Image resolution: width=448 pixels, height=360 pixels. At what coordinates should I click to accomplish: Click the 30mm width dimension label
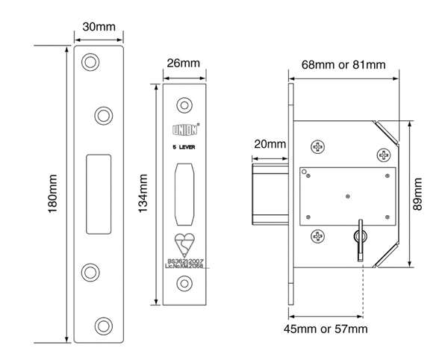pyautogui.click(x=99, y=27)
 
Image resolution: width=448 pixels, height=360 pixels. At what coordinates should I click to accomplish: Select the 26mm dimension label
pyautogui.click(x=183, y=63)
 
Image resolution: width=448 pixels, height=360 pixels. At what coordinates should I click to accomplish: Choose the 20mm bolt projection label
pyautogui.click(x=269, y=144)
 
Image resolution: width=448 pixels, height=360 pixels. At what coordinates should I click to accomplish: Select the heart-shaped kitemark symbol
pyautogui.click(x=184, y=244)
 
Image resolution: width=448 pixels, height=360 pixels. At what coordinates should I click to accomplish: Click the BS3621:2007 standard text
pyautogui.click(x=184, y=261)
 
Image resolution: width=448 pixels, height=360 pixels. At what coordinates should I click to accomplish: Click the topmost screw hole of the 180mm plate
pyautogui.click(x=90, y=61)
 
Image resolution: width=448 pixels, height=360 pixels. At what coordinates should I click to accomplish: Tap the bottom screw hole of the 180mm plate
pyautogui.click(x=102, y=324)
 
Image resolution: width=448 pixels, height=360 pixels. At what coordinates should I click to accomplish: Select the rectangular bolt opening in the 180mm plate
pyautogui.click(x=96, y=192)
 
